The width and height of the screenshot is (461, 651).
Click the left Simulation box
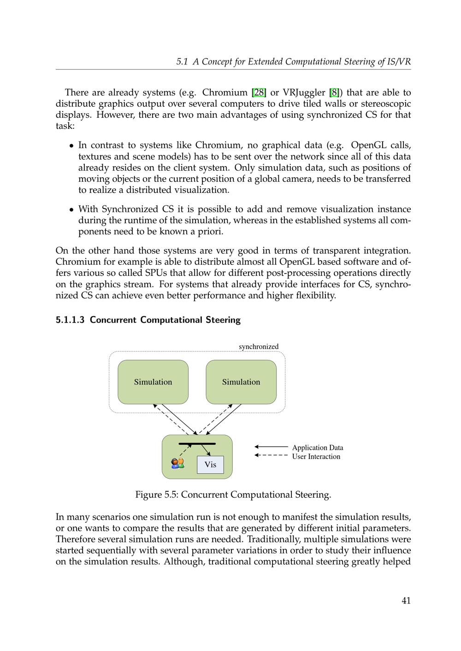coord(153,382)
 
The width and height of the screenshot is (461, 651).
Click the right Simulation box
coord(241,382)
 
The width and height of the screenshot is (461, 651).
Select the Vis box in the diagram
coord(210,465)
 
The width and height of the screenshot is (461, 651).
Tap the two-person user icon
coord(177,463)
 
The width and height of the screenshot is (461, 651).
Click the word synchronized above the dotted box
coord(259,347)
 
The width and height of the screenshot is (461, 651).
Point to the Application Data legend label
coord(318,448)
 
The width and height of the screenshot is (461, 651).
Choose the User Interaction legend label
coord(316,457)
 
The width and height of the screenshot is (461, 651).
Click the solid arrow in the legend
coord(271,447)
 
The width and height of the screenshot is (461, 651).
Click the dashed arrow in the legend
coord(271,456)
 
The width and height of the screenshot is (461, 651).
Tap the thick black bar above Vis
coord(197,443)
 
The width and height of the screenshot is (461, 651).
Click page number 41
coord(406,600)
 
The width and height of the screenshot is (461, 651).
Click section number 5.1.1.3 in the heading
coord(70,320)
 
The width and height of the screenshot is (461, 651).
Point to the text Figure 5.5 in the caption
coord(156,495)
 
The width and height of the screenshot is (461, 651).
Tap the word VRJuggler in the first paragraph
coord(304,93)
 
